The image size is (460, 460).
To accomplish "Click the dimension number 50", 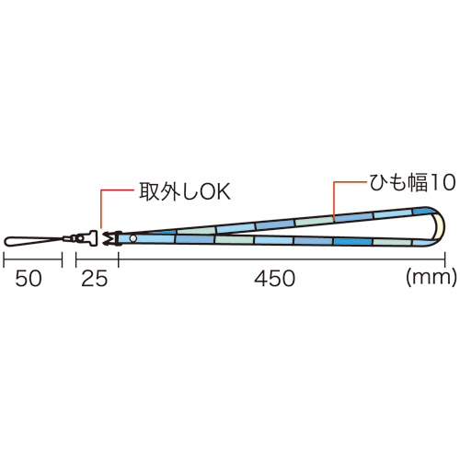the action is (29, 279).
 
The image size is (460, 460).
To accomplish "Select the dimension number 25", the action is (95, 279).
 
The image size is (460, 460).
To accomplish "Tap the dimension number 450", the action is (275, 279).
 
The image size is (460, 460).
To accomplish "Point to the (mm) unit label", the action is (431, 277).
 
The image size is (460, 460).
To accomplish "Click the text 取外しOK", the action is (185, 191).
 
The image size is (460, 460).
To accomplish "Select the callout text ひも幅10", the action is (412, 182).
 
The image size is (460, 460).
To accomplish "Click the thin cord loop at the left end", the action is (34, 241).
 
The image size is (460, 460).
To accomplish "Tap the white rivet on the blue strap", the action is (133, 238).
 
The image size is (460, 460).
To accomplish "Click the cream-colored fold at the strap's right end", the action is (439, 226).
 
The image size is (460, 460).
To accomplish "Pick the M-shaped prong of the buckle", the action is (108, 238).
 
